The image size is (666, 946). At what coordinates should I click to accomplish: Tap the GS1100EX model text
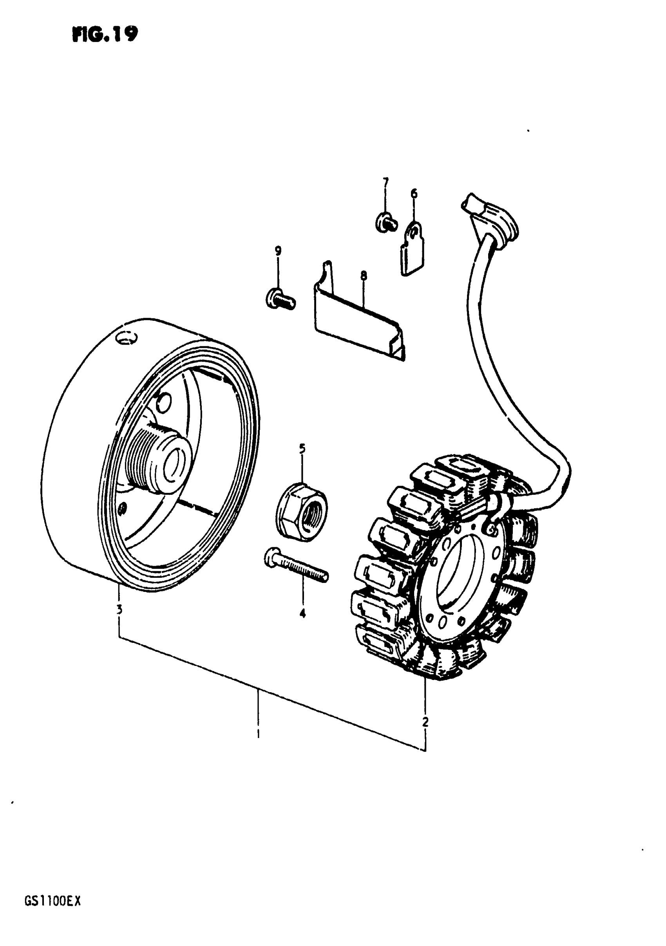(53, 913)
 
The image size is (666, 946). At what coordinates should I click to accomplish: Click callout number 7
(385, 182)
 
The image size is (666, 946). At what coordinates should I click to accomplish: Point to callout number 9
(278, 251)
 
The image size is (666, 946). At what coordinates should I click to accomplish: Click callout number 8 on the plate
(363, 275)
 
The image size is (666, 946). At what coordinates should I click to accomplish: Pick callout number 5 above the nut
(302, 448)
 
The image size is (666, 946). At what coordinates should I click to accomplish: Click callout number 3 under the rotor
(119, 609)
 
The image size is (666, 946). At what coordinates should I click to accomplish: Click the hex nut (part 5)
(302, 512)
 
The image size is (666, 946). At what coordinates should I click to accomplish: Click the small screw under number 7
(386, 223)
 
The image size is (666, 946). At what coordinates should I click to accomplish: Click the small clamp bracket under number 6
(412, 249)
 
